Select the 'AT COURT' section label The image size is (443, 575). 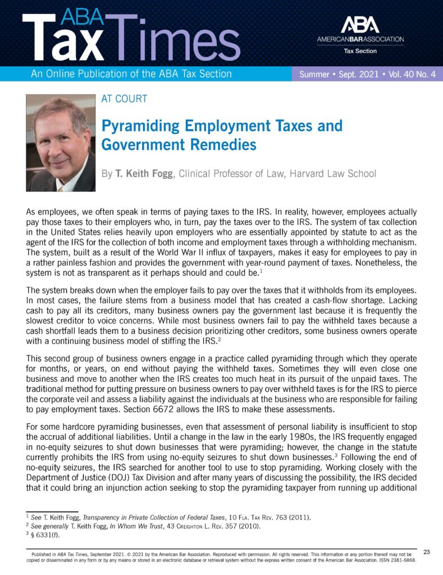124,99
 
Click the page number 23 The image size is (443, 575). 426,553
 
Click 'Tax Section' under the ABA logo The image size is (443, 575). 360,51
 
